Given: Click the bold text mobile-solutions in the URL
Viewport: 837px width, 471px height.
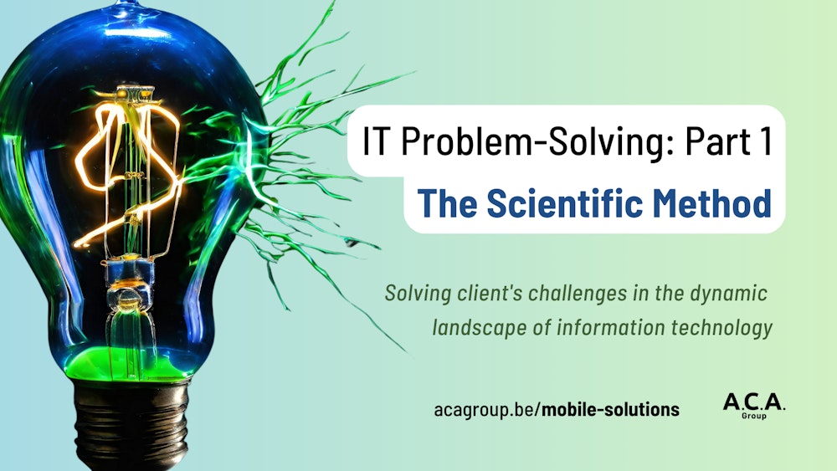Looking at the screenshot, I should (x=611, y=410).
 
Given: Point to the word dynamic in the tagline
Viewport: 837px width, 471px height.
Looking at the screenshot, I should (x=733, y=294).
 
